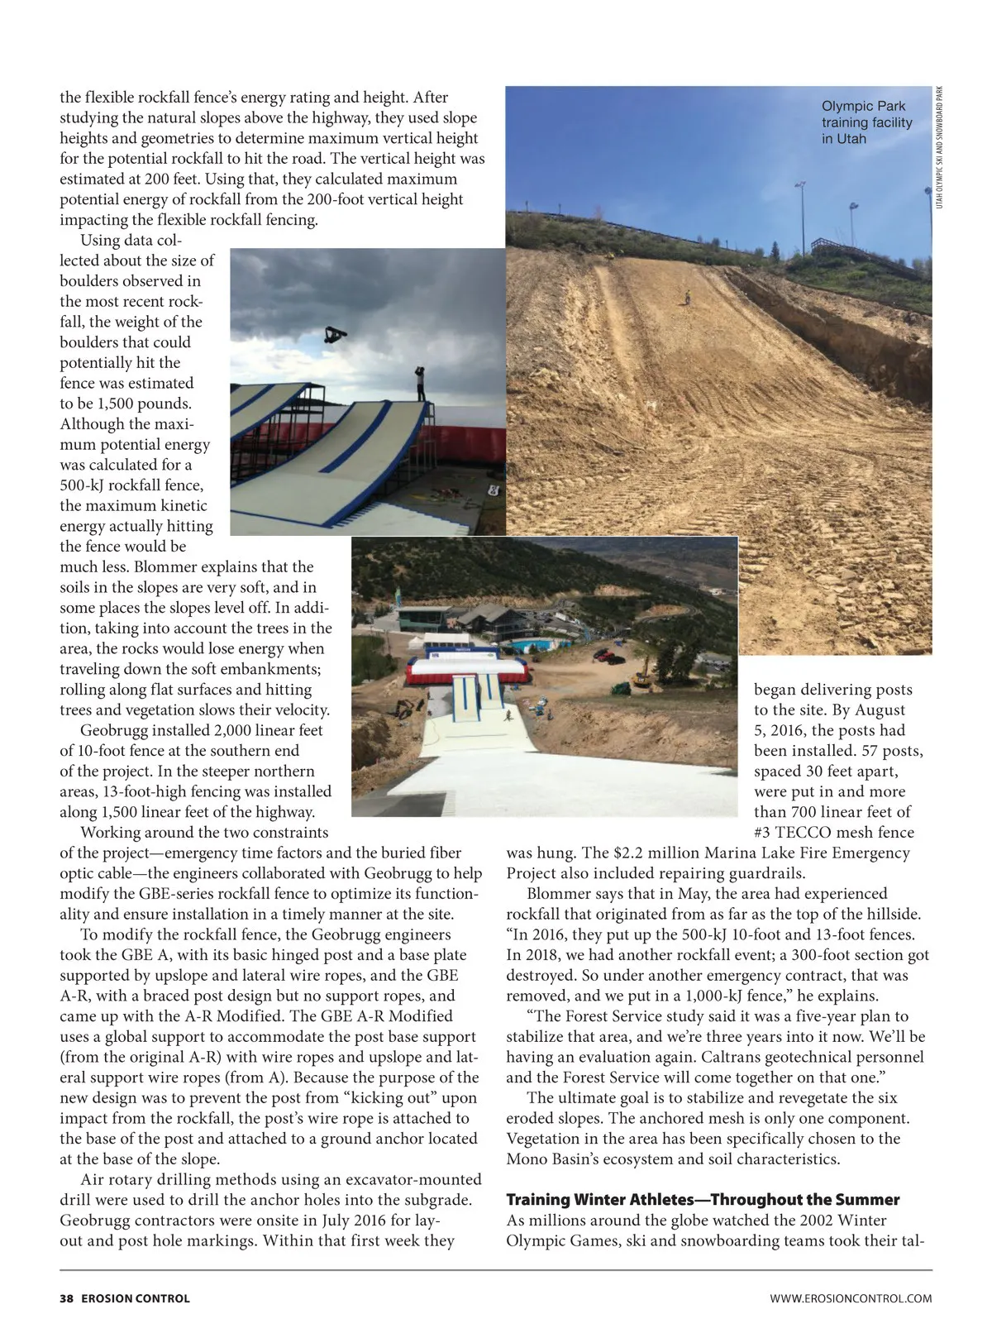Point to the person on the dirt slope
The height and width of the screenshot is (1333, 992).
(x=685, y=296)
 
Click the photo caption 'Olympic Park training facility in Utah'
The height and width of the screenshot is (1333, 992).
(x=866, y=122)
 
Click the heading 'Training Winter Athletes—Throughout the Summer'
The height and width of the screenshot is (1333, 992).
(x=703, y=1199)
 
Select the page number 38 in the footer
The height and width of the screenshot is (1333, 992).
(x=66, y=1298)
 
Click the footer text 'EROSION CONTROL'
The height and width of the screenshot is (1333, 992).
(x=136, y=1298)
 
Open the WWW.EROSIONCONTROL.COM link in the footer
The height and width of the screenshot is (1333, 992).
(x=851, y=1298)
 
